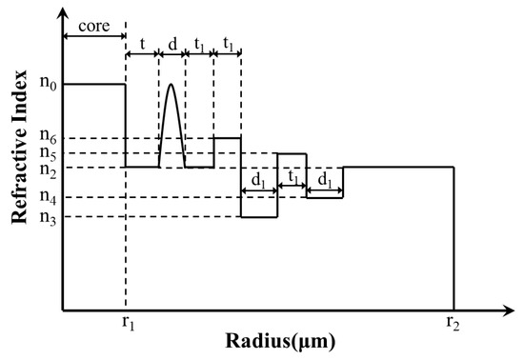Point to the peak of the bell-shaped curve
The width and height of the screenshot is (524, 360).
coord(171,85)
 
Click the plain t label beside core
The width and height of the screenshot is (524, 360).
coord(142,43)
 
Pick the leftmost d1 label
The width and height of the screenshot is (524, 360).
coord(258,179)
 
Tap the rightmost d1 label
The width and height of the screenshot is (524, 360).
coord(324,179)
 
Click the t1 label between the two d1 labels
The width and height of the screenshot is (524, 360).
coord(292,179)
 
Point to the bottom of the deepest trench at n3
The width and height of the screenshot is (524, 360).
coord(258,217)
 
